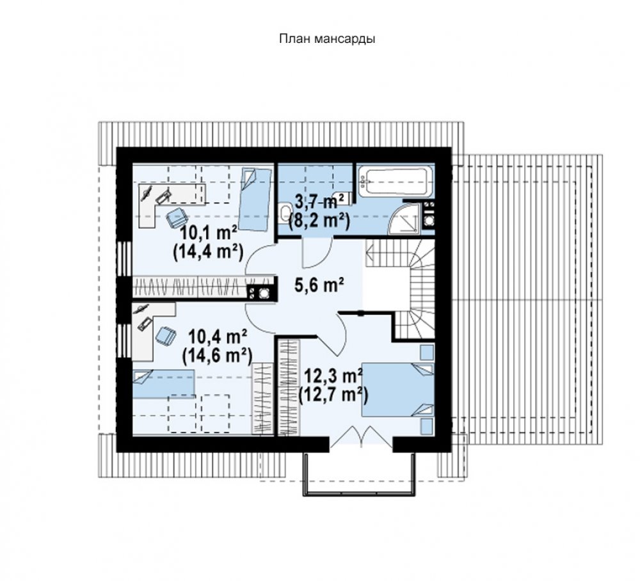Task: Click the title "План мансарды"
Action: (x=327, y=39)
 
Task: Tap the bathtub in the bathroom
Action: (x=393, y=182)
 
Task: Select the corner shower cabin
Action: (x=404, y=218)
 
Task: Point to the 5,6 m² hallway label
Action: (x=319, y=285)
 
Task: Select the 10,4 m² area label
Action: (x=218, y=337)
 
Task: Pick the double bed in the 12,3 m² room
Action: (x=398, y=389)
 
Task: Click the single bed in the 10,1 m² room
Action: (x=254, y=199)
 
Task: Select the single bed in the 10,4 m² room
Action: (x=163, y=383)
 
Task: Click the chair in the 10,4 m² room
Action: (x=165, y=336)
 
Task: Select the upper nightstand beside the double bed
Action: (x=426, y=352)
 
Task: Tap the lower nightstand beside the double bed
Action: (x=426, y=426)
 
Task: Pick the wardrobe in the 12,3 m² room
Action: (x=289, y=386)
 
